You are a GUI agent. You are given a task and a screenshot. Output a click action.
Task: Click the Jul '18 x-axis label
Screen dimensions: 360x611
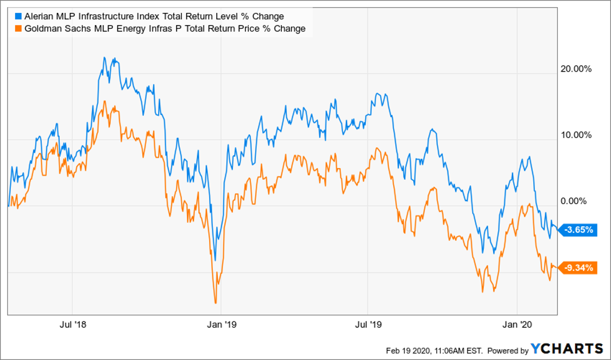tap(73, 325)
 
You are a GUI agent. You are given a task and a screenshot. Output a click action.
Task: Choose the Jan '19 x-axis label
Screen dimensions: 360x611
tap(222, 325)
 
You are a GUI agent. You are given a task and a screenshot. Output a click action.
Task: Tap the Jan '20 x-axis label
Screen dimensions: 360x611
tap(518, 325)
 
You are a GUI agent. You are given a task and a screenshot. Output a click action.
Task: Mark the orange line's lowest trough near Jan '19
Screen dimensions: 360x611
tap(216, 303)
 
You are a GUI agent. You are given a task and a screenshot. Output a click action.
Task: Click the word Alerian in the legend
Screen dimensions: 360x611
tap(39, 17)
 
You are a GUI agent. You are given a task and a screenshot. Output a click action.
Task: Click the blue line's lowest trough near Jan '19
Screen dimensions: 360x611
tap(215, 260)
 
